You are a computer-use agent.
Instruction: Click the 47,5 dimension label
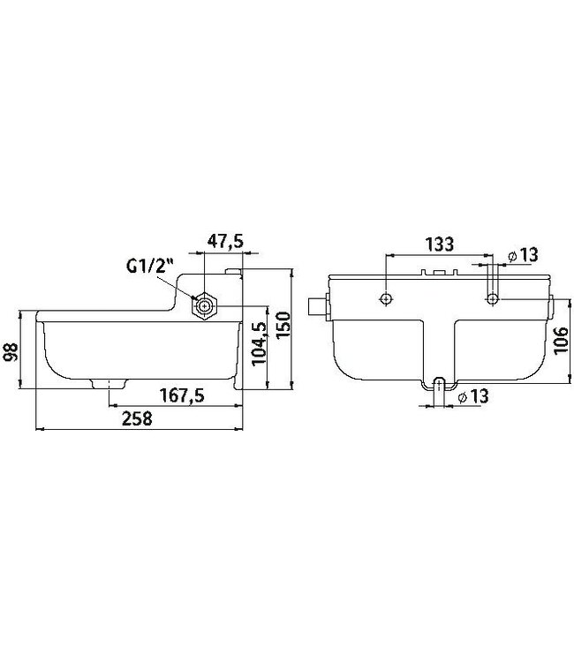pyautogui.click(x=225, y=241)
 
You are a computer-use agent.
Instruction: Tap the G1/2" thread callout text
pyautogui.click(x=150, y=266)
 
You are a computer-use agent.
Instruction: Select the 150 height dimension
pyautogui.click(x=283, y=324)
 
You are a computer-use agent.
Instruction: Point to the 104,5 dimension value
pyautogui.click(x=259, y=343)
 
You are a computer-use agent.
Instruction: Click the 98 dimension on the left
pyautogui.click(x=11, y=351)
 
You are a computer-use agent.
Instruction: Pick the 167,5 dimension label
pyautogui.click(x=182, y=395)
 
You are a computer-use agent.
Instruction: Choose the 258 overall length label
pyautogui.click(x=137, y=418)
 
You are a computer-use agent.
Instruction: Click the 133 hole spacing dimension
pyautogui.click(x=439, y=244)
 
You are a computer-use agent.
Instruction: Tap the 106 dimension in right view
pyautogui.click(x=562, y=341)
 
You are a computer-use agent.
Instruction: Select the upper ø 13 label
pyautogui.click(x=524, y=255)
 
